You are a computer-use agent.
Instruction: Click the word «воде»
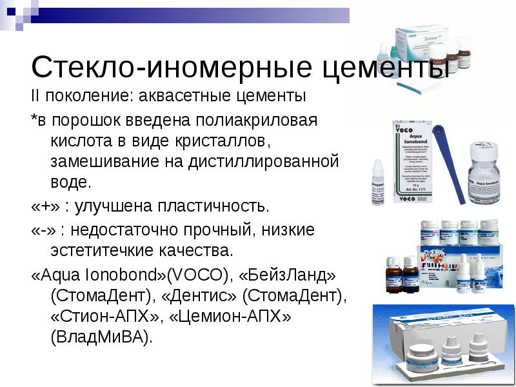tap(70, 181)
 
